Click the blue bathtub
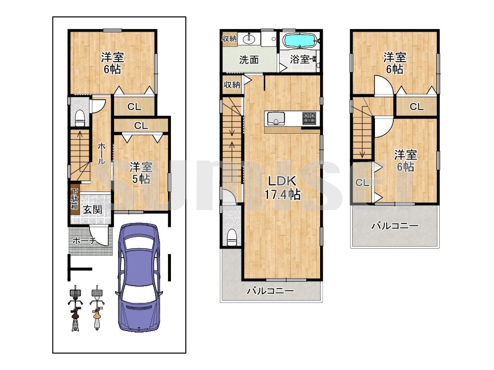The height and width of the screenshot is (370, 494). pos(300,40)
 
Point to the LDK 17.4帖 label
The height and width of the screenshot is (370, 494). pos(282,188)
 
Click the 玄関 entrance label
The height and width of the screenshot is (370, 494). pos(93,210)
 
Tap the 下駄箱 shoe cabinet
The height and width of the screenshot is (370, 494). pos(75,199)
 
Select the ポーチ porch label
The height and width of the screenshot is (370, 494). pos(84,241)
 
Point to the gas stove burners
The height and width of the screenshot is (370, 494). pos(309,118)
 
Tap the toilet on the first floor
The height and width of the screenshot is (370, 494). pos(80,118)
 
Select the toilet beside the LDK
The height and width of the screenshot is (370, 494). pos(232,237)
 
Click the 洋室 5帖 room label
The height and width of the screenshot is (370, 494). pos(141,173)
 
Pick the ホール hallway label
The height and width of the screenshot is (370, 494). pos(101,153)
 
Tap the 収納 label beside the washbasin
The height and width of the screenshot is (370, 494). pos(229,38)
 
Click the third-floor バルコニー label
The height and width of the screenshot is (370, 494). pos(395,226)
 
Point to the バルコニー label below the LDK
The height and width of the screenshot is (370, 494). pos(270,291)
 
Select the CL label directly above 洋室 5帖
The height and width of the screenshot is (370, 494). pos(141,126)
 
